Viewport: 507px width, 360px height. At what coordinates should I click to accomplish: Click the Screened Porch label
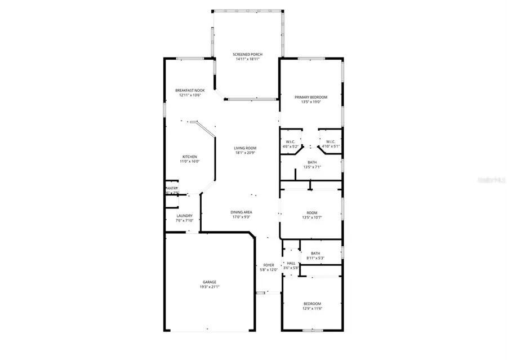tap(247, 55)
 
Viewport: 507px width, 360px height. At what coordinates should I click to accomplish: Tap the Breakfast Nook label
tap(189, 90)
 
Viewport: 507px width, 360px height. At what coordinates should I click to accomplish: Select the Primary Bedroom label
tap(311, 97)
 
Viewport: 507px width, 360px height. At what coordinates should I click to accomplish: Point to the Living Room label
tap(246, 148)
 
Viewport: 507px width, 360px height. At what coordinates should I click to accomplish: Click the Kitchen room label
tap(189, 157)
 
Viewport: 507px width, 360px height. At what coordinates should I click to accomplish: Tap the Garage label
tap(210, 282)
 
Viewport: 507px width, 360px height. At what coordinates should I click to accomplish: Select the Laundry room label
tap(184, 216)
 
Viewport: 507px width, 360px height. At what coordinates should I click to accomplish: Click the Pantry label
tap(172, 188)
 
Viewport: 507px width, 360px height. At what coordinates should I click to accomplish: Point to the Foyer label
tap(269, 265)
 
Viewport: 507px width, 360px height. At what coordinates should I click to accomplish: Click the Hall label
tap(291, 263)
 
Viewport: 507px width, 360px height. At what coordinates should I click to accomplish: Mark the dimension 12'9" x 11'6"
tap(312, 308)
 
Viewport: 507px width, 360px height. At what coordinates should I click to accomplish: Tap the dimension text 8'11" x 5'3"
tap(315, 258)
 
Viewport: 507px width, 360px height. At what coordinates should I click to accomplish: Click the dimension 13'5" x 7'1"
tap(312, 167)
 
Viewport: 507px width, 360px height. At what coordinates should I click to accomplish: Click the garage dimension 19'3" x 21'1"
tap(210, 287)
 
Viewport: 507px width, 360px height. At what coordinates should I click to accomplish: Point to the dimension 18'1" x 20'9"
tap(246, 153)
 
